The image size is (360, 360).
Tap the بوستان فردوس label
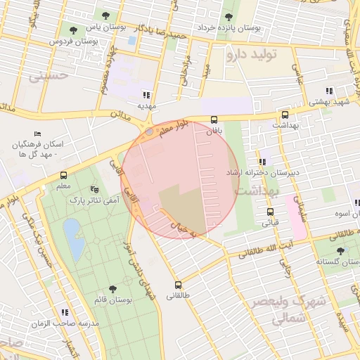click(72, 42)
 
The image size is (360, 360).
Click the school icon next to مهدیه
click(146, 94)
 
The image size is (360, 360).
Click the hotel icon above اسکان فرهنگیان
click(38, 134)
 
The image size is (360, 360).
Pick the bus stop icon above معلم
click(64, 175)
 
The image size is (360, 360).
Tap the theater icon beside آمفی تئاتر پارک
click(94, 189)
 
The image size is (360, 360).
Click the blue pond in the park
click(72, 231)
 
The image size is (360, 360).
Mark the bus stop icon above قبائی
click(270, 212)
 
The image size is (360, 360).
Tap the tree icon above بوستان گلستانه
click(340, 250)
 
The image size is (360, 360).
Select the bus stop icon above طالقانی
click(178, 285)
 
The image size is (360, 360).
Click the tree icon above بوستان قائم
click(112, 289)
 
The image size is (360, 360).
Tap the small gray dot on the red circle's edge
click(149, 131)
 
